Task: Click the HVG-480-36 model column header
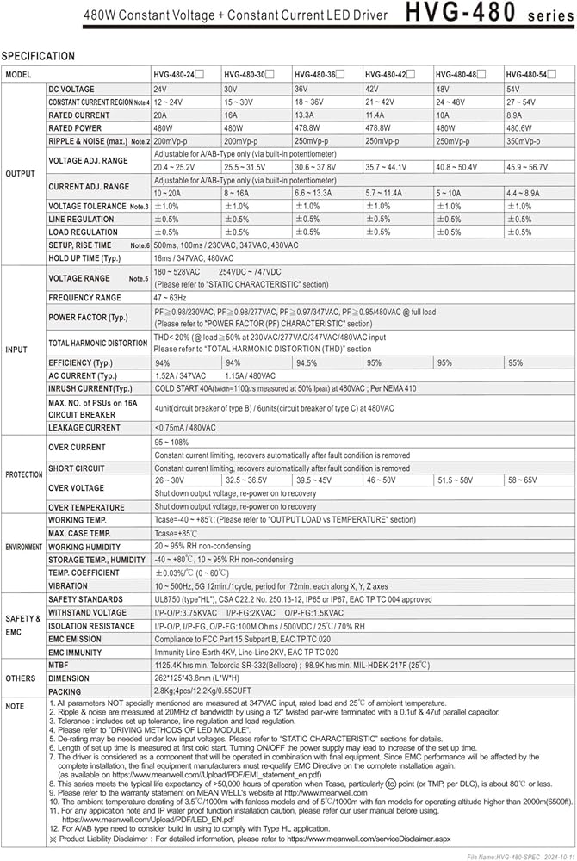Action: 315,75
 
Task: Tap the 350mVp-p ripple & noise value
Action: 524,141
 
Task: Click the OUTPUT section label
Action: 21,173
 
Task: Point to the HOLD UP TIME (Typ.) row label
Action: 84,257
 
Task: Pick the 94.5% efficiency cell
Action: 307,362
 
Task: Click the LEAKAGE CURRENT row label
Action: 84,427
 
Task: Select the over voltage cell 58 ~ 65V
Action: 523,480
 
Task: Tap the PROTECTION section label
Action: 23,474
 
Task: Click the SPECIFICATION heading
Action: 38,56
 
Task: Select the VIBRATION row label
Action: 68,585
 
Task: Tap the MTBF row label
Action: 59,666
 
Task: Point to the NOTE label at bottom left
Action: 16,706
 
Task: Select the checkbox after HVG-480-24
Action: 200,75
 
